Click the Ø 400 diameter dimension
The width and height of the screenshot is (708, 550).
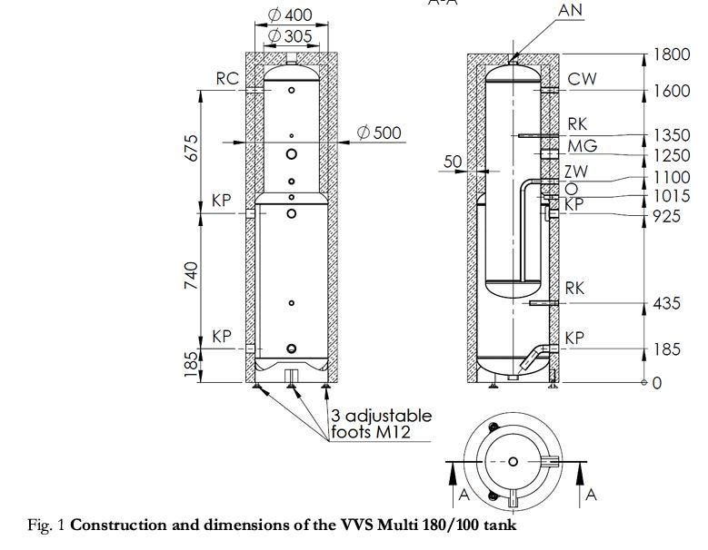290,15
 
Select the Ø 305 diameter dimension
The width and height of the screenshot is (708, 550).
290,36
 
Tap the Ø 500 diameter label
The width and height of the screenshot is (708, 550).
379,133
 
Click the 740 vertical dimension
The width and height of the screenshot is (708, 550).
191,275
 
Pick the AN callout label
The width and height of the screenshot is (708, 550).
570,10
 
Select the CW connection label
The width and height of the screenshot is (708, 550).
582,79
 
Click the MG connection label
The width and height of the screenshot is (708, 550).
582,146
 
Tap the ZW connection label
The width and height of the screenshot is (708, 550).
576,172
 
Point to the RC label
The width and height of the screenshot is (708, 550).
227,78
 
